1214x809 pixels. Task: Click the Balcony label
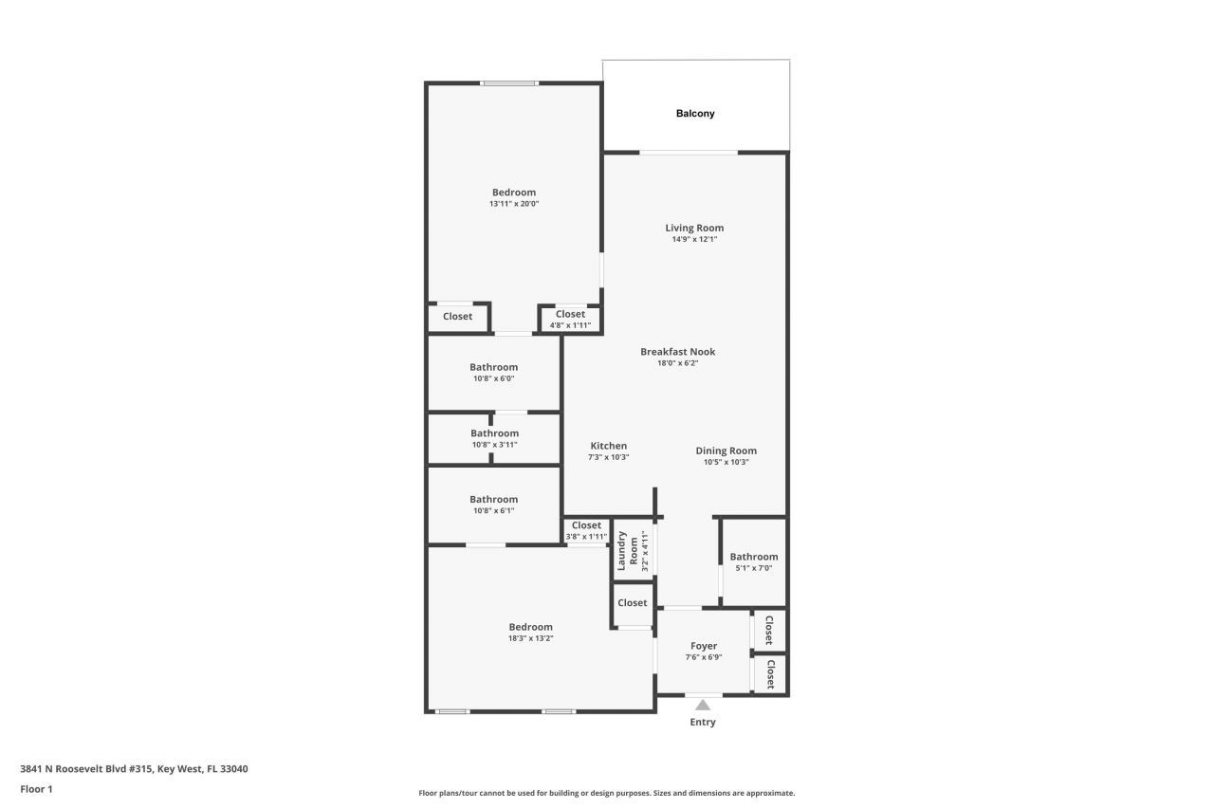click(695, 114)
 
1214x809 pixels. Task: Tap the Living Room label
click(694, 228)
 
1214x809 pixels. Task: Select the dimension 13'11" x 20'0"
click(513, 204)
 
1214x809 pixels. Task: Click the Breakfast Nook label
click(677, 352)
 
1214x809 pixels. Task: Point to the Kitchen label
click(608, 446)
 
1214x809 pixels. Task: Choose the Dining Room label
click(726, 450)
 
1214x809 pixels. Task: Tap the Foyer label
click(703, 646)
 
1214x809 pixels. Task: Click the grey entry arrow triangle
click(702, 705)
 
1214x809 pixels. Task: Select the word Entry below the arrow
click(702, 722)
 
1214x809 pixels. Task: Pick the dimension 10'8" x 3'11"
click(494, 445)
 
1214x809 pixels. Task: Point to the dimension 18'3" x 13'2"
click(530, 638)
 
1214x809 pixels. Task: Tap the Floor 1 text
click(36, 788)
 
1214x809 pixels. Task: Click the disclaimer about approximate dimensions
click(607, 793)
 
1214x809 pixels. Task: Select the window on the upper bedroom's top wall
click(509, 83)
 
